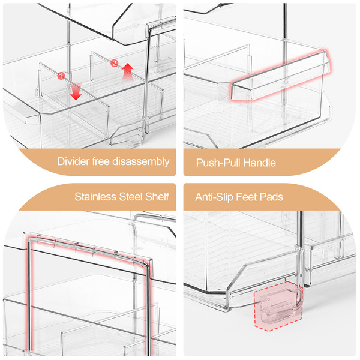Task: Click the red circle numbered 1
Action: tap(61, 76)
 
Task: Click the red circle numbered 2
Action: tap(115, 63)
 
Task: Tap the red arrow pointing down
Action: tap(76, 92)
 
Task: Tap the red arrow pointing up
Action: tap(127, 71)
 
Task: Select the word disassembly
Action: tap(141, 162)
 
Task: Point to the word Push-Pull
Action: tap(218, 163)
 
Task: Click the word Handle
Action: tap(259, 163)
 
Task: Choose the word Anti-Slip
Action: tap(214, 197)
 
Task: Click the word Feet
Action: tap(247, 197)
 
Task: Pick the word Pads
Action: tap(271, 197)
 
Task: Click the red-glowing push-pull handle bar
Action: tap(280, 76)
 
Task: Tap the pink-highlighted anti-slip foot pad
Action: tap(278, 305)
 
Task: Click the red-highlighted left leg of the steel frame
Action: tap(29, 296)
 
